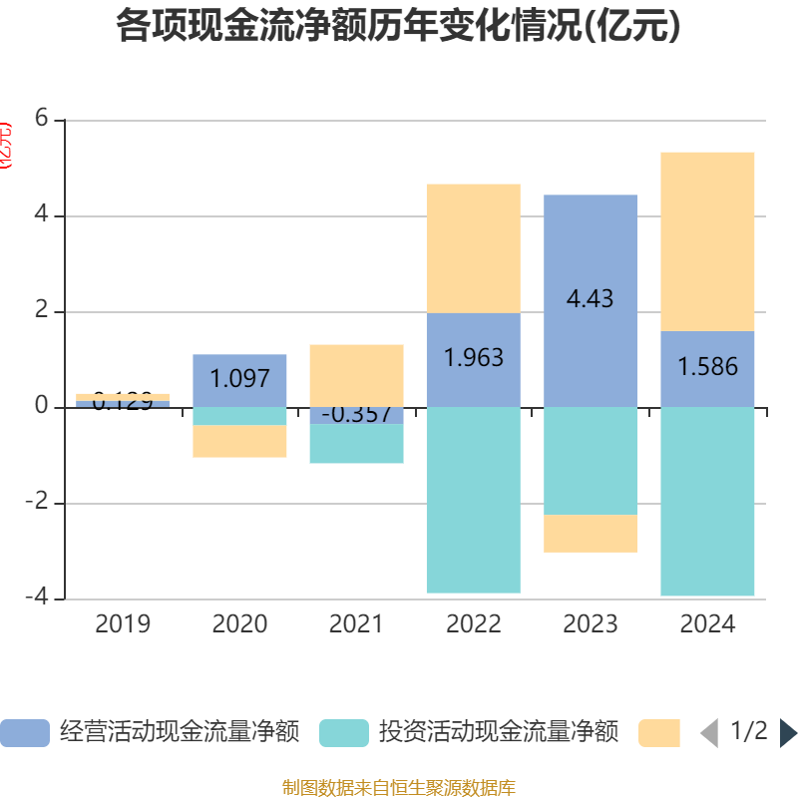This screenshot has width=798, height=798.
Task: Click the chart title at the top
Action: tap(399, 26)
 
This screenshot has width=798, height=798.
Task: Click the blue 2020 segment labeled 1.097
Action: tap(239, 380)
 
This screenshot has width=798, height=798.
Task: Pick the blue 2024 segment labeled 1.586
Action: tap(707, 368)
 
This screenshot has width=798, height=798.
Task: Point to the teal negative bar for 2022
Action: tap(473, 500)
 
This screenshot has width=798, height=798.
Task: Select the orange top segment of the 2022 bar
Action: tap(473, 248)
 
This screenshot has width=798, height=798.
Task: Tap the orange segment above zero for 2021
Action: tap(356, 375)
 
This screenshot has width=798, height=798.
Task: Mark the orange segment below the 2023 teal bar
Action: tap(591, 534)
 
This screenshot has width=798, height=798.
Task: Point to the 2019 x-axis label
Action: tap(123, 624)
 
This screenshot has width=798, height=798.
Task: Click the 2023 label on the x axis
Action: tap(591, 624)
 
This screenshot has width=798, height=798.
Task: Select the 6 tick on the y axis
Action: tap(41, 119)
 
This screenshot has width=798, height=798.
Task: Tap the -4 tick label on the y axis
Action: tap(37, 598)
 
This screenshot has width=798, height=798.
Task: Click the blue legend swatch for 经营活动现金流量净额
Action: tap(24, 733)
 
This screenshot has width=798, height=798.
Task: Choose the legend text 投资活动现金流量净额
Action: tap(499, 733)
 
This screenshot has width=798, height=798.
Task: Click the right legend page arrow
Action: tap(788, 733)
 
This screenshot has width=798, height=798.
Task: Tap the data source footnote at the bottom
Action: tap(399, 788)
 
